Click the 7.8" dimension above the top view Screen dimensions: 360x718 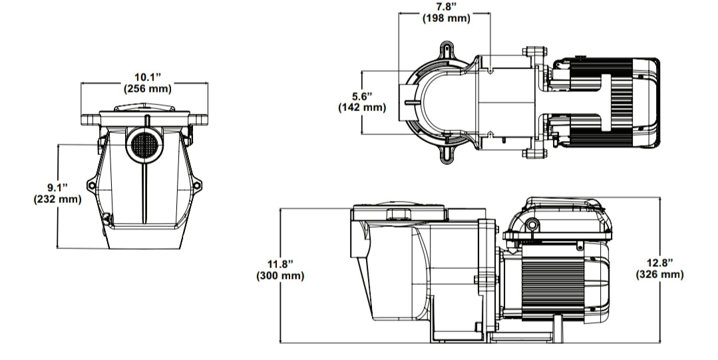pos(446,7)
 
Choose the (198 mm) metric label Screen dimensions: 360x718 pos(446,18)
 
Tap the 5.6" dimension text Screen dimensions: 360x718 pos(361,96)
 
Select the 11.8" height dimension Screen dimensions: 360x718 pos(280,265)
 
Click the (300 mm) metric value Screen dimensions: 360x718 pos(280,275)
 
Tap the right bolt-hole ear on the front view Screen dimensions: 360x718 pos(196,186)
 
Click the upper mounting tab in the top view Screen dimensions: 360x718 pos(447,48)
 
